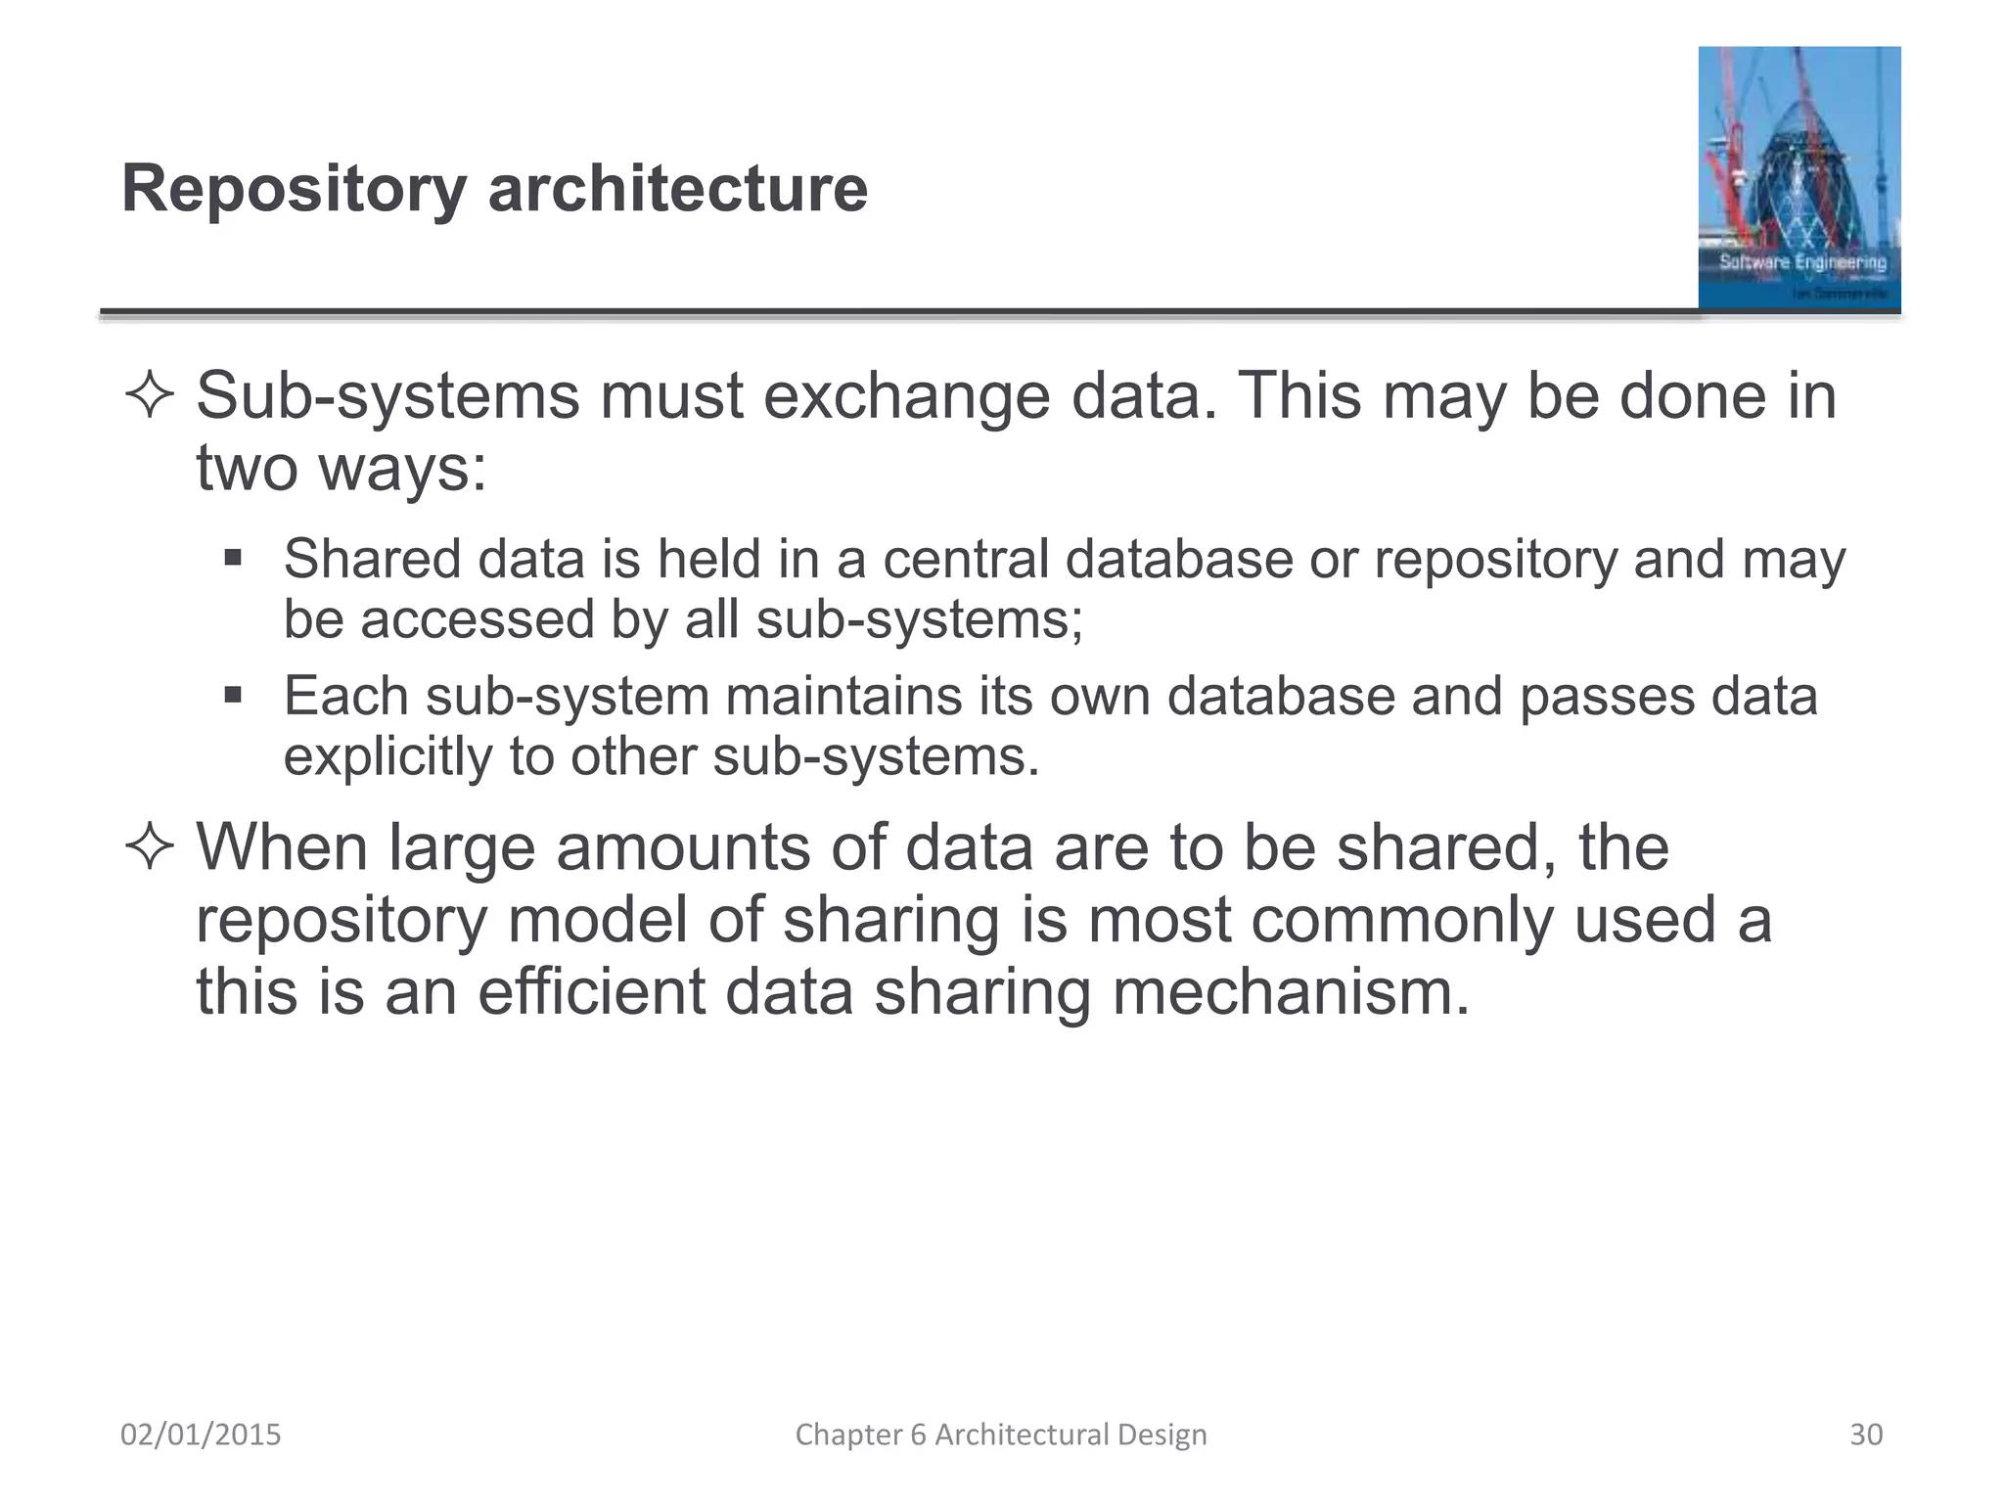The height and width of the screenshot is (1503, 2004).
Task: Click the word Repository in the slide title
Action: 294,190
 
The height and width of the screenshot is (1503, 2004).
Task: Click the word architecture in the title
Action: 677,188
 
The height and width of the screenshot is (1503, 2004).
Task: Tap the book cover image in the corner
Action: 1799,178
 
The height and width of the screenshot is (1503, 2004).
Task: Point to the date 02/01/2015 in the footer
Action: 201,1435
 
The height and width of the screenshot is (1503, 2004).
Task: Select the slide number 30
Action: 1865,1435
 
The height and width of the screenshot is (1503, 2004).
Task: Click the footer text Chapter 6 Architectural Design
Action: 1000,1435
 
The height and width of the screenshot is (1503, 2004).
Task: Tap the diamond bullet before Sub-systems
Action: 150,397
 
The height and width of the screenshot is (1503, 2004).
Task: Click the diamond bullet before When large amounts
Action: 150,847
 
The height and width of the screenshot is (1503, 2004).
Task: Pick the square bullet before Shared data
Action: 232,559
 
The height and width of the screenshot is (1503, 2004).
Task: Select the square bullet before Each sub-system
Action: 232,696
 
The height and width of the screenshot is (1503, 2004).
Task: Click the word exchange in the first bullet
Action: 906,397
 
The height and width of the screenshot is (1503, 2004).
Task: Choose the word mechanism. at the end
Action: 1291,992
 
